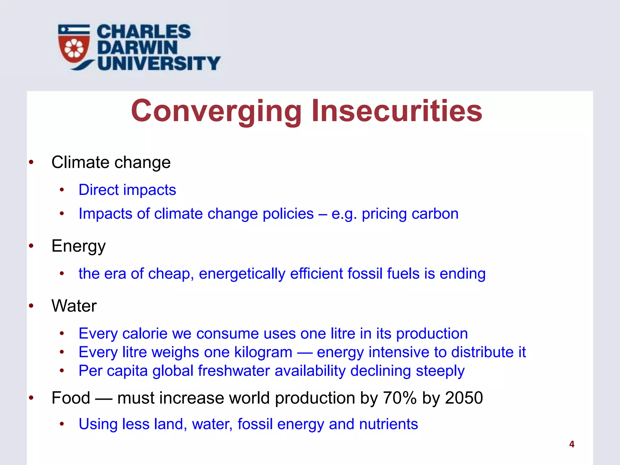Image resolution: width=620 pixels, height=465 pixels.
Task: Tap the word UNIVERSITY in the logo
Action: [x=159, y=63]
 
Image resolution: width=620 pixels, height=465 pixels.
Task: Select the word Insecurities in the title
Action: [x=397, y=111]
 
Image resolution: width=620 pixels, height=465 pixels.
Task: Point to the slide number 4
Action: [x=572, y=444]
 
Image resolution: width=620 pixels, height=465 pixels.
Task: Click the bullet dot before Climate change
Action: [x=31, y=163]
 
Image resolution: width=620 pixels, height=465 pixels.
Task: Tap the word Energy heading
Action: [x=78, y=246]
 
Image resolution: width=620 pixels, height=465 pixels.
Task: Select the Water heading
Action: [x=74, y=306]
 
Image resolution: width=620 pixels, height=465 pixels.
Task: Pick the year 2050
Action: [x=464, y=398]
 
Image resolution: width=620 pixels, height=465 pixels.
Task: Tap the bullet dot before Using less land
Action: [x=62, y=424]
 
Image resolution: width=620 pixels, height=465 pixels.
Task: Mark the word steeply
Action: [x=440, y=371]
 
